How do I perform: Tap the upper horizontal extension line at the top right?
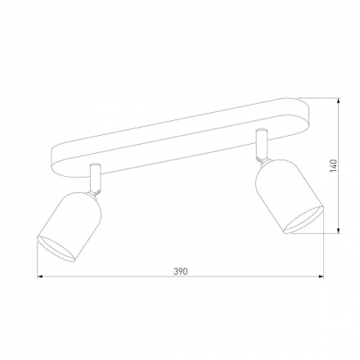[x=323, y=99]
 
